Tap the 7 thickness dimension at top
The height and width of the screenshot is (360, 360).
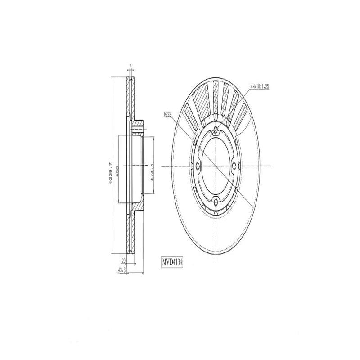130,67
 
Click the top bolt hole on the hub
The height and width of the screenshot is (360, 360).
216,131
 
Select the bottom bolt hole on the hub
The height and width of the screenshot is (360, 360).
216,201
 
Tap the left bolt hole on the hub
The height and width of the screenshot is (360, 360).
198,166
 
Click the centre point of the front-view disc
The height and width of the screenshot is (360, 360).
216,166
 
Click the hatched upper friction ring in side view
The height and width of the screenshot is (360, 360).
130,97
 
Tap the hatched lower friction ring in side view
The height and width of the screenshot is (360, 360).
130,234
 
